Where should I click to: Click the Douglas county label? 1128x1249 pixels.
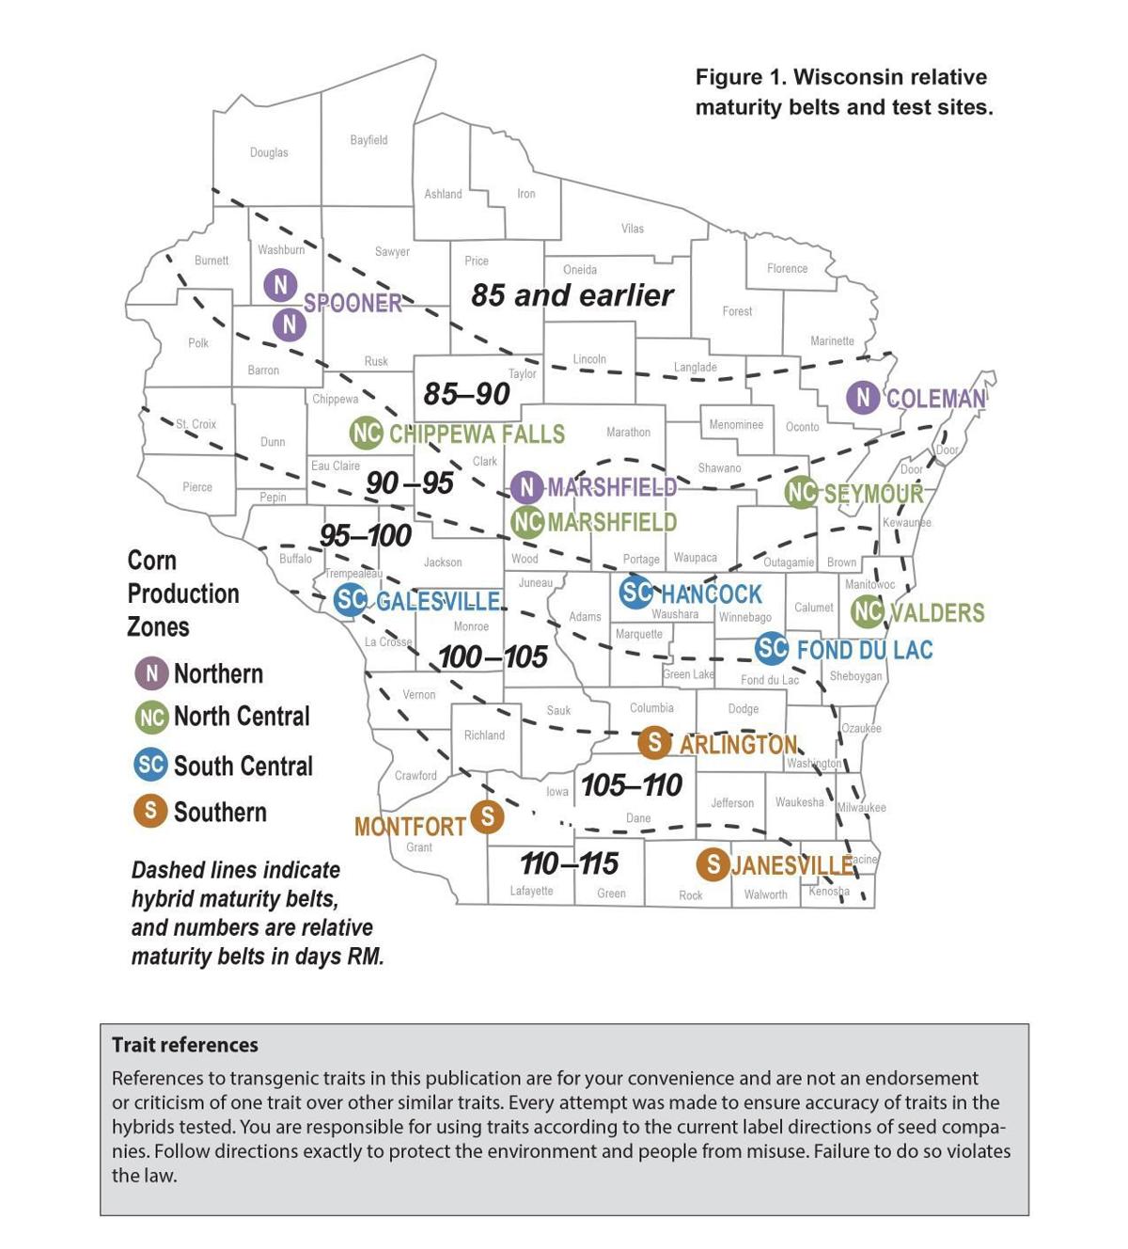pyautogui.click(x=269, y=152)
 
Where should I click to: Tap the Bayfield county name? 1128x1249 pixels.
pyautogui.click(x=368, y=140)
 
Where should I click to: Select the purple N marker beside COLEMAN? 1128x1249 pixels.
pyautogui.click(x=863, y=398)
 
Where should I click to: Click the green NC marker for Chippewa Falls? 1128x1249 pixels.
pyautogui.click(x=367, y=434)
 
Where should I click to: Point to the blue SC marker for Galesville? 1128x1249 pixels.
pyautogui.click(x=351, y=600)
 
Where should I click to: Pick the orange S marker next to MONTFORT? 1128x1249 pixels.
pyautogui.click(x=487, y=816)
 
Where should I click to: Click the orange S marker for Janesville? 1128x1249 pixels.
pyautogui.click(x=713, y=863)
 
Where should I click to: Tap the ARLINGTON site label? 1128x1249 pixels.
pyautogui.click(x=738, y=745)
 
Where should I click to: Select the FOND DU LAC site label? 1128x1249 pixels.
pyautogui.click(x=864, y=650)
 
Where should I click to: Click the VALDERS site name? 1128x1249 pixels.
pyautogui.click(x=936, y=613)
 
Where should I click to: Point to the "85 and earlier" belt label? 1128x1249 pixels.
pyautogui.click(x=572, y=295)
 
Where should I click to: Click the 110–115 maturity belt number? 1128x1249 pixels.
pyautogui.click(x=570, y=862)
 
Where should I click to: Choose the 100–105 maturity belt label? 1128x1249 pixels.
pyautogui.click(x=493, y=656)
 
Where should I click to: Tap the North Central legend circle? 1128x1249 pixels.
pyautogui.click(x=151, y=717)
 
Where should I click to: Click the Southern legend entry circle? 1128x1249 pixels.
pyautogui.click(x=150, y=811)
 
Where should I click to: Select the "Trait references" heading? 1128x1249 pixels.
pyautogui.click(x=185, y=1045)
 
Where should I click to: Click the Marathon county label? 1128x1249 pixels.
pyautogui.click(x=628, y=433)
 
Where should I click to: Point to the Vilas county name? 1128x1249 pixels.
pyautogui.click(x=633, y=229)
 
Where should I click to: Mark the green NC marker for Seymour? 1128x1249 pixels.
pyautogui.click(x=801, y=492)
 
